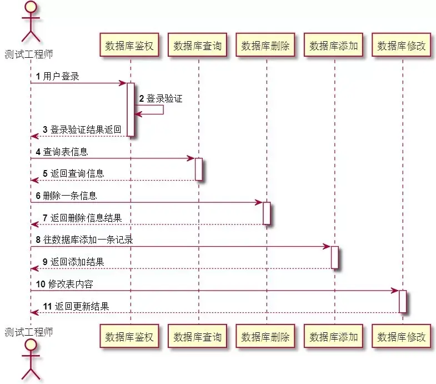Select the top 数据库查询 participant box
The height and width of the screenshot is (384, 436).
(x=198, y=46)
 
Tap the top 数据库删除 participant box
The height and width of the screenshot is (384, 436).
(x=265, y=46)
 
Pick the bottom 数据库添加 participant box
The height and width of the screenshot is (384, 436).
(x=334, y=337)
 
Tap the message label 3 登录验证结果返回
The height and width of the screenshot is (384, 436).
(x=82, y=129)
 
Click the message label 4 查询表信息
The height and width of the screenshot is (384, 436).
(x=62, y=152)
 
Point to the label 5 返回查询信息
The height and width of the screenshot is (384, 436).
(x=73, y=173)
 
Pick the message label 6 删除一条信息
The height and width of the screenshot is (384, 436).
(x=66, y=196)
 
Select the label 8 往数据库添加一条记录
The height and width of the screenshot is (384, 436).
(x=84, y=240)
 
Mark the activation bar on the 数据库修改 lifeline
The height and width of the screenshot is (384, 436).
(x=402, y=301)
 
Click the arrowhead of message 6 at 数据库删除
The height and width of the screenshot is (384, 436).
(x=259, y=202)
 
